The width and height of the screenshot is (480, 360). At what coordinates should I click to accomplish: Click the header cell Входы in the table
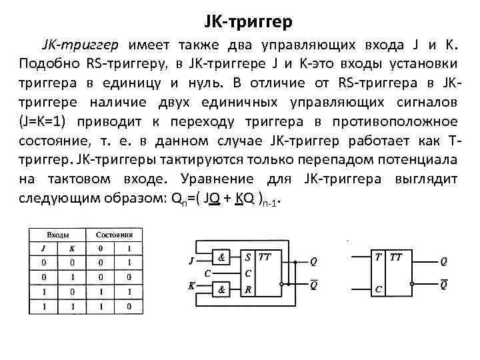tap(57, 235)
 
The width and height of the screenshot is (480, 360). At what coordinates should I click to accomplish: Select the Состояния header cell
tap(114, 235)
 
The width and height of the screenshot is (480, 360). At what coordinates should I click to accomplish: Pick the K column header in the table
tap(71, 249)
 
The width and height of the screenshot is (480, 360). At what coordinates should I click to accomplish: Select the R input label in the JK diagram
tap(248, 289)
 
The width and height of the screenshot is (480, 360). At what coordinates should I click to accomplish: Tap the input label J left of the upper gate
tap(192, 259)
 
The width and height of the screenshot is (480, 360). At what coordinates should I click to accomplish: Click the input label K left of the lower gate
tap(192, 285)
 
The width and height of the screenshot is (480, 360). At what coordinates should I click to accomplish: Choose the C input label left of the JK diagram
tap(208, 273)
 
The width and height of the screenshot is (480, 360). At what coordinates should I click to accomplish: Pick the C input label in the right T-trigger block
tap(378, 289)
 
